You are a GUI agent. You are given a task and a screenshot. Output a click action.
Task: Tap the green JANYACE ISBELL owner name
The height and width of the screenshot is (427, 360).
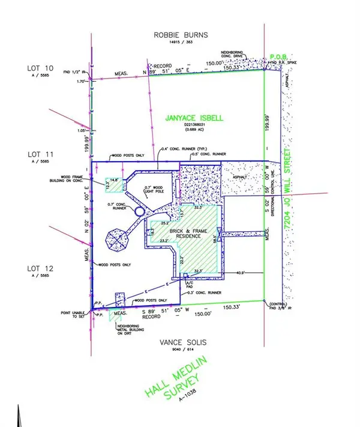tap(194, 118)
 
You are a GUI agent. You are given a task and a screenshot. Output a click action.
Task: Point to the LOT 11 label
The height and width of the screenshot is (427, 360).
tap(41, 154)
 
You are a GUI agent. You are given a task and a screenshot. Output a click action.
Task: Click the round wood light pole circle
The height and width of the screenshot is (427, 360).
tap(140, 212)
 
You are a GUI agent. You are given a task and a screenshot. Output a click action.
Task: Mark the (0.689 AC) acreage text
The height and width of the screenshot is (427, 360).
tap(194, 130)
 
